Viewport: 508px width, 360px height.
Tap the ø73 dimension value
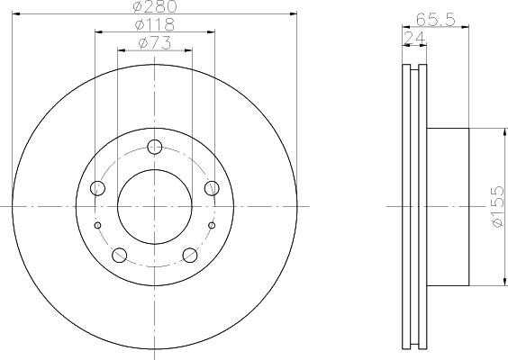point(155,42)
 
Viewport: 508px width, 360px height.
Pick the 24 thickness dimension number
point(415,36)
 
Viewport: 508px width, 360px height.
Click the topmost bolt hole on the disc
point(155,147)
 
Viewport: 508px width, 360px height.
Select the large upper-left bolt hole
point(98,188)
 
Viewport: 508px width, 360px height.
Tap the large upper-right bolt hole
point(212,188)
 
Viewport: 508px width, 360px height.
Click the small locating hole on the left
point(98,225)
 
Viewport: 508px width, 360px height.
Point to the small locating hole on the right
point(212,225)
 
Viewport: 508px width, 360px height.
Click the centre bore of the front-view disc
point(155,206)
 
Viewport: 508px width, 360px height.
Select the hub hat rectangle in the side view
point(448,206)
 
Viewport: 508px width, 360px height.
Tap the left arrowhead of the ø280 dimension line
point(15,13)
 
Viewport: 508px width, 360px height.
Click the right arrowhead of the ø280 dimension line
point(293,13)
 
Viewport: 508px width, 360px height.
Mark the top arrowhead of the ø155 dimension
point(499,131)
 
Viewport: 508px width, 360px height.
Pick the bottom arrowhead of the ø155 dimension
point(499,281)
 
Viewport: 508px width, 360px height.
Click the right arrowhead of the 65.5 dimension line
point(467,25)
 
